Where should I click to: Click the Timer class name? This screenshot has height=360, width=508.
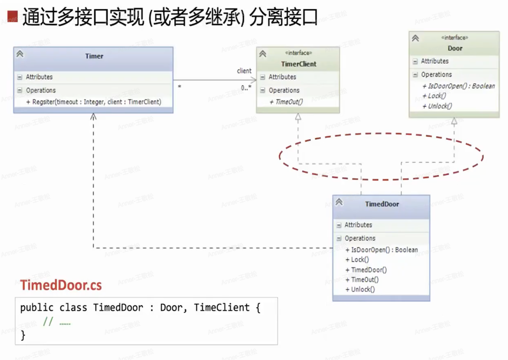click(x=94, y=56)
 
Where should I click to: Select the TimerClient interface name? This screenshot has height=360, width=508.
click(x=298, y=64)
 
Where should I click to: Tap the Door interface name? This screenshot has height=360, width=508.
click(x=455, y=48)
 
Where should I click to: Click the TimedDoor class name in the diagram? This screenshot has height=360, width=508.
click(x=382, y=204)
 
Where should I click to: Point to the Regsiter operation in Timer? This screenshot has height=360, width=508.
click(x=94, y=102)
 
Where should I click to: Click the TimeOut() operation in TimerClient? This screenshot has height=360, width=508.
click(x=286, y=102)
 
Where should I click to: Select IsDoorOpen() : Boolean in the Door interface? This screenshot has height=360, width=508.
click(x=458, y=86)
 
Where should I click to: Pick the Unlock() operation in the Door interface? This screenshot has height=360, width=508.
click(x=437, y=106)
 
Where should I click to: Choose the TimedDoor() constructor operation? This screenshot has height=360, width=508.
click(x=366, y=269)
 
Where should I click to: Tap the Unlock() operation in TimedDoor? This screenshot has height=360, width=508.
click(x=360, y=289)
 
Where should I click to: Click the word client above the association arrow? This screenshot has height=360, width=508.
click(x=244, y=71)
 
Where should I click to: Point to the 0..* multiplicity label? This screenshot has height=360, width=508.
click(x=246, y=87)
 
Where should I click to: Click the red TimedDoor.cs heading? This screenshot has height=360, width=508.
click(x=61, y=285)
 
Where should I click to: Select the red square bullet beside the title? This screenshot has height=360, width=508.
click(x=12, y=16)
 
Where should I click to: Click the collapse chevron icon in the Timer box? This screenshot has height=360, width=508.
click(x=20, y=54)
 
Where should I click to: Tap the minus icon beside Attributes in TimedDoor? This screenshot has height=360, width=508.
click(x=339, y=225)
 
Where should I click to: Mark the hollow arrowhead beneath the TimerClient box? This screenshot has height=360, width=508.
click(x=298, y=117)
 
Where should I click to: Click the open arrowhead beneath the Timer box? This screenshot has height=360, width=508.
click(x=93, y=116)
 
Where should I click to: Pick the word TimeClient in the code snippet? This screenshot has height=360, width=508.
click(x=222, y=307)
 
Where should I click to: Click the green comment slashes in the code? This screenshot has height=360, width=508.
click(x=48, y=321)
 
